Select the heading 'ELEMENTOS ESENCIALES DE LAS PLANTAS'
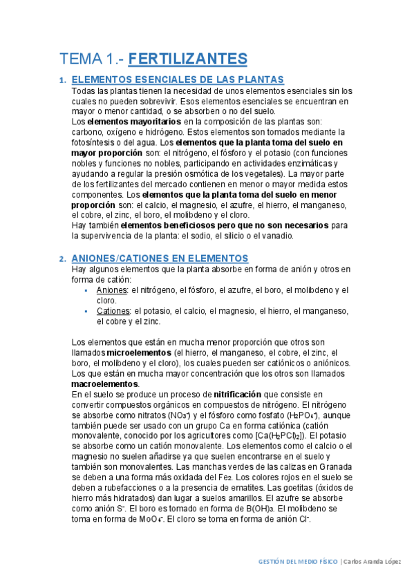pyautogui.click(x=178, y=80)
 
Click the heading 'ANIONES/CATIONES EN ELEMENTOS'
pyautogui.click(x=160, y=258)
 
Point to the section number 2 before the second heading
pyautogui.click(x=62, y=258)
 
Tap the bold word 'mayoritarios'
pyautogui.click(x=151, y=121)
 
